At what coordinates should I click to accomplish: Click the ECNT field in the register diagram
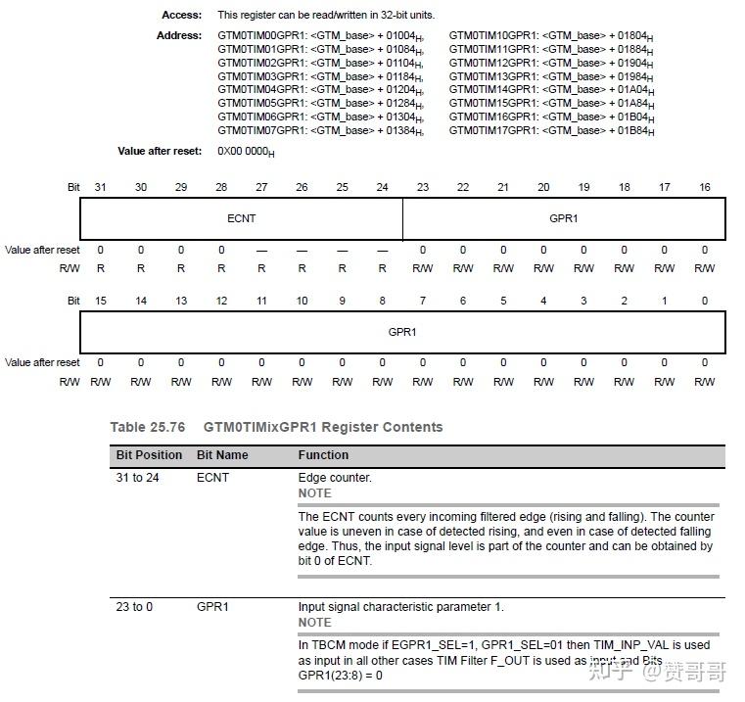[x=241, y=218]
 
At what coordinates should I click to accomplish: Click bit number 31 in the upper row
[x=100, y=187]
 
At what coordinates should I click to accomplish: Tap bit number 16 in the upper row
[x=704, y=187]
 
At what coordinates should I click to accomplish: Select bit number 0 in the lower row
[x=704, y=301]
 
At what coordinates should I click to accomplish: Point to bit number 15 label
[x=100, y=301]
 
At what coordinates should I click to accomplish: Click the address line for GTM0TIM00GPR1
[x=320, y=35]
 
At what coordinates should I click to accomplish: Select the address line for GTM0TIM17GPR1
[x=551, y=130]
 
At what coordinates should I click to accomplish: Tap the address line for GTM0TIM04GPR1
[x=320, y=89]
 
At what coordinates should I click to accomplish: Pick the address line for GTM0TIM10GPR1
[x=551, y=35]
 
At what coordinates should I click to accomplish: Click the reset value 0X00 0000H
[x=246, y=152]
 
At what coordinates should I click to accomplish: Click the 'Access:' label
[x=181, y=15]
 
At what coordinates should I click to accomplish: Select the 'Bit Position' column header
[x=149, y=455]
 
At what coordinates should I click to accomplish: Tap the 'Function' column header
[x=323, y=455]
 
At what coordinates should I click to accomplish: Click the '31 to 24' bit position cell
[x=138, y=478]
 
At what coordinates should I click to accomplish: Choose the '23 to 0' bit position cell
[x=134, y=607]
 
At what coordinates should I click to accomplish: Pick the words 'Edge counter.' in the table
[x=335, y=478]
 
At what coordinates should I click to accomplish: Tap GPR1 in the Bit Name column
[x=212, y=607]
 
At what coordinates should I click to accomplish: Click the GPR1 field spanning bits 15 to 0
[x=402, y=332]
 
